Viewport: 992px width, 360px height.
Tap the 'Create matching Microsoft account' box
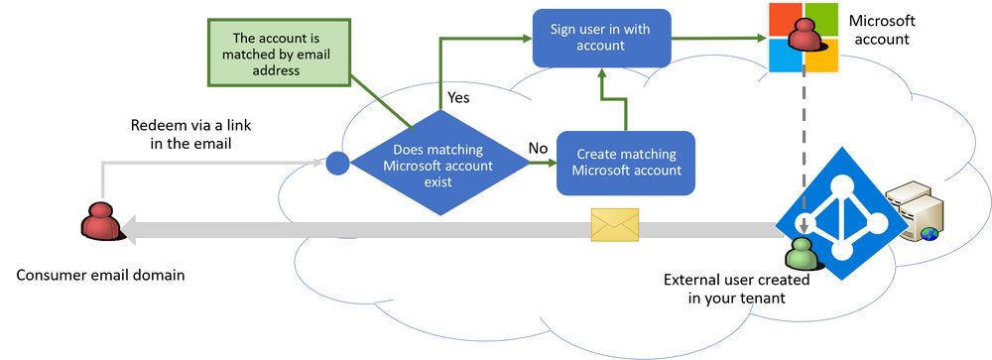coord(625,162)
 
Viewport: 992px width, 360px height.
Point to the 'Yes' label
coord(458,98)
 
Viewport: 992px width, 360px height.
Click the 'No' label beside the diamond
coord(539,147)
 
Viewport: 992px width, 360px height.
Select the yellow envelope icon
coord(614,225)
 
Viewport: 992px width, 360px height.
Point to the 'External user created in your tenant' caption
coord(736,289)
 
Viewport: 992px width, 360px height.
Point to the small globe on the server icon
coord(929,234)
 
